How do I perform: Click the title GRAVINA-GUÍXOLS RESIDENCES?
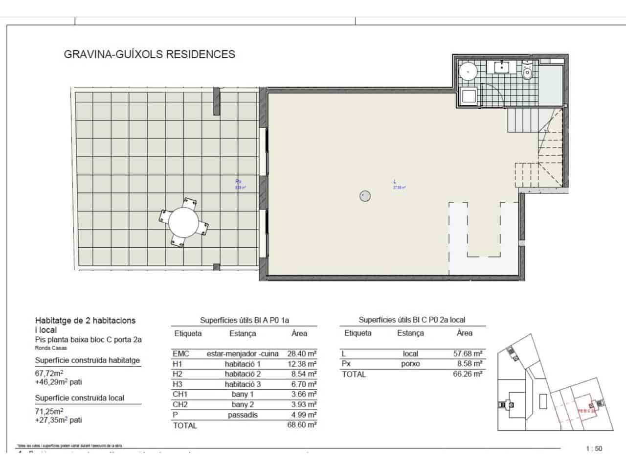(150, 54)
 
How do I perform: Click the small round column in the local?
(365, 196)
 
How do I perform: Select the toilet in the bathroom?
(527, 71)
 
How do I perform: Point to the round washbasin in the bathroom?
(469, 71)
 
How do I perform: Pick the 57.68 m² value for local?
(468, 353)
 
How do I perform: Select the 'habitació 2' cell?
(243, 374)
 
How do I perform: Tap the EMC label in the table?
(181, 353)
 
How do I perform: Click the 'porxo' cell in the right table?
(411, 364)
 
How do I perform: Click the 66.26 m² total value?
(468, 374)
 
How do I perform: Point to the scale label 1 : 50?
(594, 448)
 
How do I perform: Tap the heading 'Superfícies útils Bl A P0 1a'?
(245, 320)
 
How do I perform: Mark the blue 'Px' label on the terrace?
(238, 182)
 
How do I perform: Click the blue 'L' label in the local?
(395, 182)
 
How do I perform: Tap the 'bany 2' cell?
(243, 404)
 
